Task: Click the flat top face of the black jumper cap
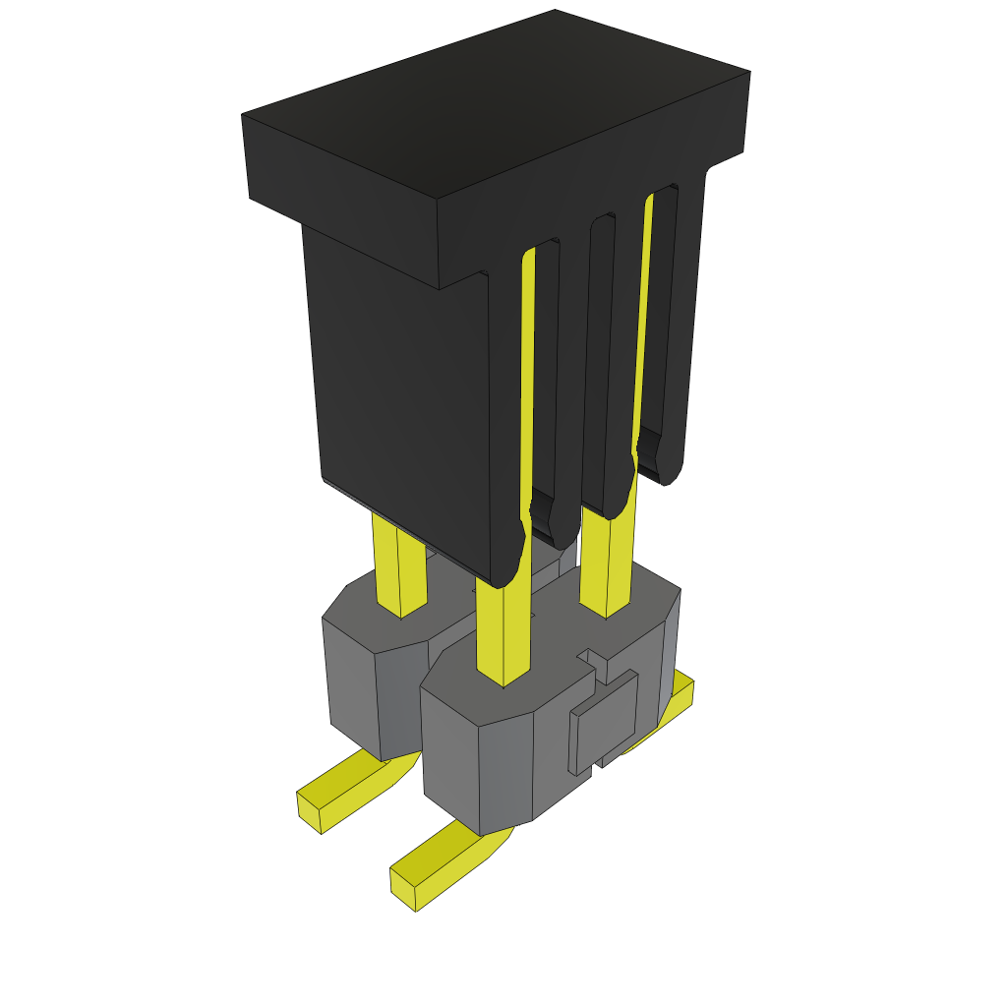tap(497, 103)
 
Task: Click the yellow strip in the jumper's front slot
tap(528, 374)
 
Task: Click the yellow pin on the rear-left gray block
tap(399, 570)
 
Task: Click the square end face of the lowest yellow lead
tap(402, 890)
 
